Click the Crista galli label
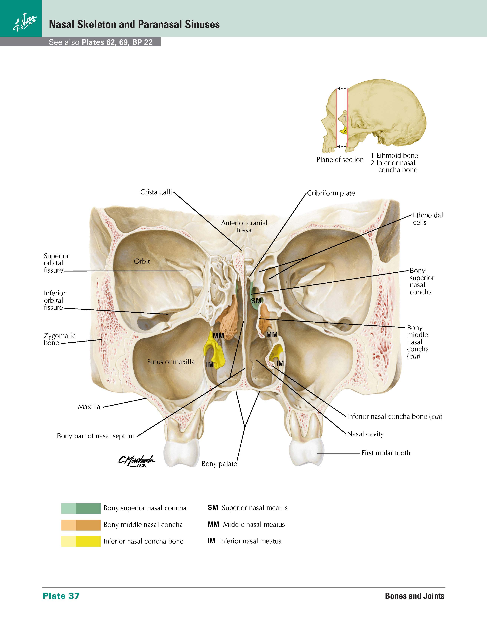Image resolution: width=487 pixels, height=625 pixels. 156,192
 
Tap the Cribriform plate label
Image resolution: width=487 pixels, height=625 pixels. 331,193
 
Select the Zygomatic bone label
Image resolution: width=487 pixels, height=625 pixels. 60,339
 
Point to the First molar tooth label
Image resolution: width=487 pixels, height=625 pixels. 386,453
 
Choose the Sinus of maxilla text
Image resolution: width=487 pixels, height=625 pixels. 171,362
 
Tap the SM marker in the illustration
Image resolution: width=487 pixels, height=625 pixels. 256,301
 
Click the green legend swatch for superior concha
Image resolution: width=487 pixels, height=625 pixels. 81,509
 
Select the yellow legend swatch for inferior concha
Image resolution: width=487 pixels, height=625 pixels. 81,541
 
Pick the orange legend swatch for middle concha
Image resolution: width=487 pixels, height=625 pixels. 81,525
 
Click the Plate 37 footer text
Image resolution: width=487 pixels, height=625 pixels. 61,596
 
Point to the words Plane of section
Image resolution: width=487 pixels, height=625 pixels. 340,160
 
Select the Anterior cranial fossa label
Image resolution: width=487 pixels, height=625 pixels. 244,226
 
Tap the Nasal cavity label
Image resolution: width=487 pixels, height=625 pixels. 365,434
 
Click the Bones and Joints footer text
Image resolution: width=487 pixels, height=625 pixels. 414,596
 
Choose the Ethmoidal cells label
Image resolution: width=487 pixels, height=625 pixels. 428,219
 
